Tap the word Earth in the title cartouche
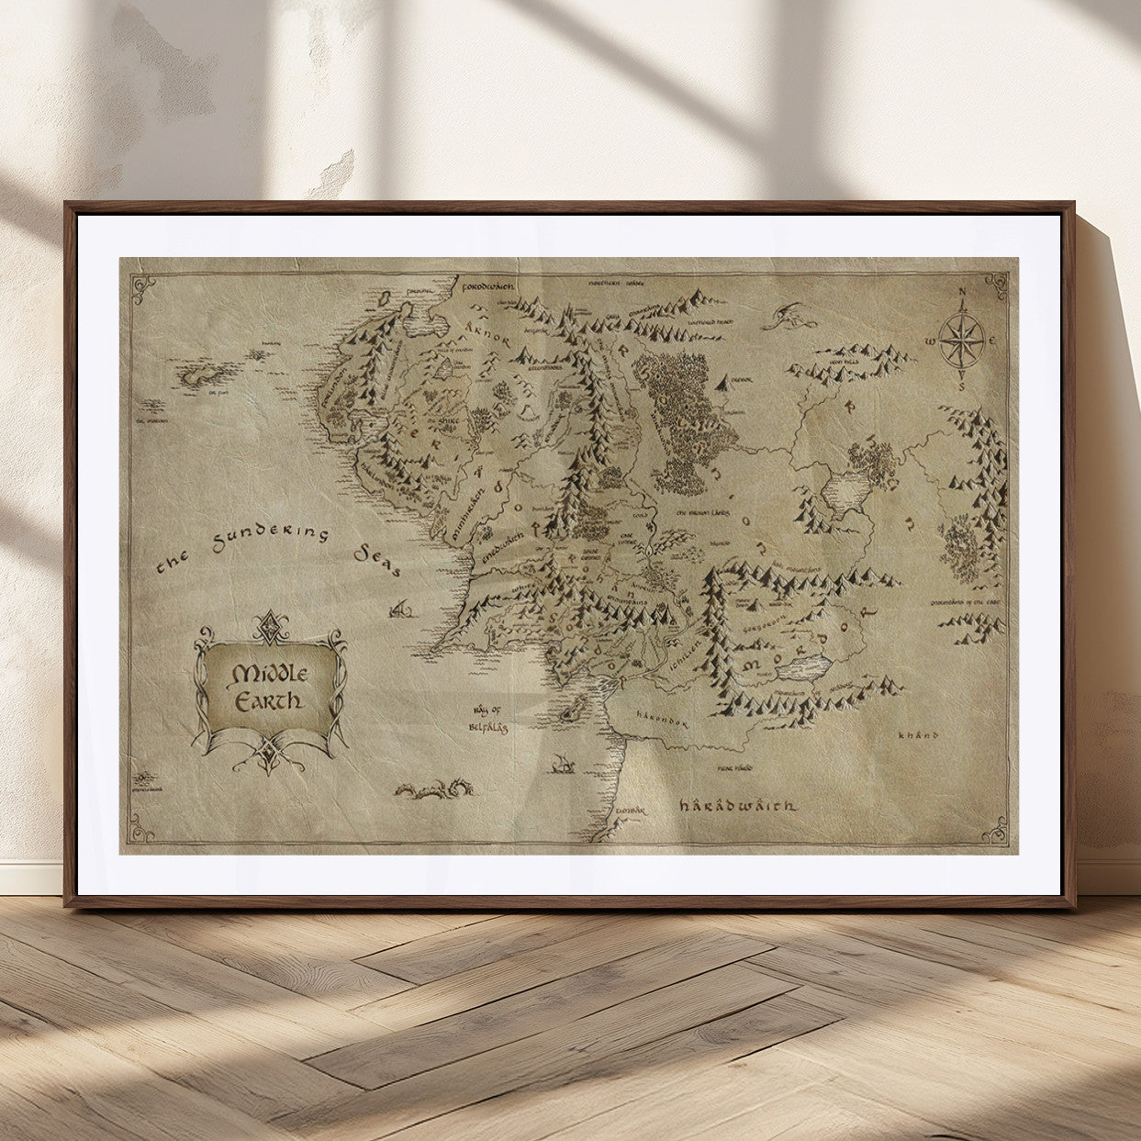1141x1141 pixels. tap(269, 702)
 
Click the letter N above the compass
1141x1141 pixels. tap(962, 295)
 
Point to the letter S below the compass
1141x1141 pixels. tap(962, 386)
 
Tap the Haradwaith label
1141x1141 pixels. tap(737, 805)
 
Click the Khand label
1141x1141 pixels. tap(919, 735)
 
